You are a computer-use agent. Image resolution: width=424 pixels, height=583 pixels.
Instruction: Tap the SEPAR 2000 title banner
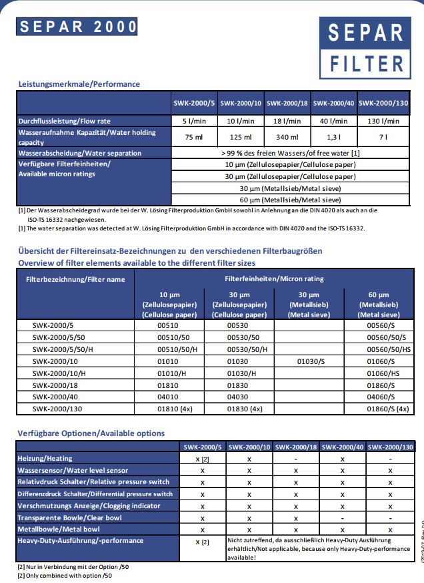point(78,27)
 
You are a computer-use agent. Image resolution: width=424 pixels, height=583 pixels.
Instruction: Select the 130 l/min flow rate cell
point(383,121)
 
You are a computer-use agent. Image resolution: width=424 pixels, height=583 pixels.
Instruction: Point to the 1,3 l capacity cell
point(337,137)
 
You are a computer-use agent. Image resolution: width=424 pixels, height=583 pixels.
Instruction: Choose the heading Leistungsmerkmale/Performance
point(79,84)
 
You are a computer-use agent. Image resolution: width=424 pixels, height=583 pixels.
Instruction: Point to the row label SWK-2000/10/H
point(59,373)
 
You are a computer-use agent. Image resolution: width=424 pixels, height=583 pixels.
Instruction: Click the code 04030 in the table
point(237,397)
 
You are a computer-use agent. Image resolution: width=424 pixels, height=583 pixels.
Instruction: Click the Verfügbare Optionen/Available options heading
point(91,433)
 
